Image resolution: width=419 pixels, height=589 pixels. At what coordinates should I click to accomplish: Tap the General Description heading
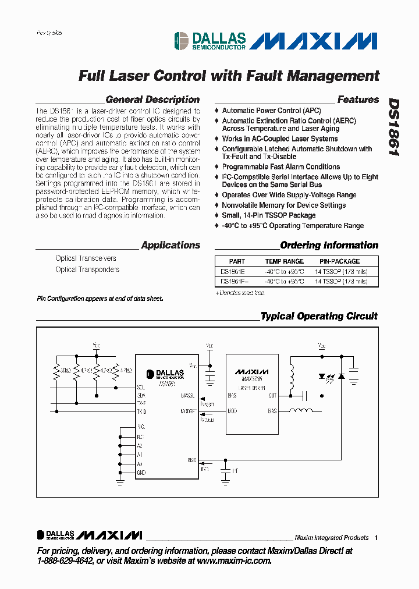pyautogui.click(x=152, y=100)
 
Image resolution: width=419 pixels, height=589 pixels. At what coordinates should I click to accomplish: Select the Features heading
pyautogui.click(x=358, y=100)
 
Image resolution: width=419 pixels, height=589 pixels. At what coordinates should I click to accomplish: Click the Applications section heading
pyautogui.click(x=171, y=245)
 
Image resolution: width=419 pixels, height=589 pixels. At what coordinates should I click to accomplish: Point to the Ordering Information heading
pyautogui.click(x=329, y=245)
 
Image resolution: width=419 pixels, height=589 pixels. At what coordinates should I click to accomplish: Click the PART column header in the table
pyautogui.click(x=237, y=261)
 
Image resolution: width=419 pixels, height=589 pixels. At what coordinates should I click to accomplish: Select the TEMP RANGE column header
pyautogui.click(x=285, y=261)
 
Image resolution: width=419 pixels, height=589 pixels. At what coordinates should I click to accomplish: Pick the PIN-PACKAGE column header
pyautogui.click(x=340, y=261)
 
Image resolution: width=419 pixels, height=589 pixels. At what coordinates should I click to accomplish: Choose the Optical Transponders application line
pyautogui.click(x=87, y=269)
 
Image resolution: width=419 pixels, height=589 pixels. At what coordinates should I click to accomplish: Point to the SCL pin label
pyautogui.click(x=141, y=387)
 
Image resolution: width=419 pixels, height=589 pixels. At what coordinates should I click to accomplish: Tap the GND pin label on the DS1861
pyautogui.click(x=141, y=473)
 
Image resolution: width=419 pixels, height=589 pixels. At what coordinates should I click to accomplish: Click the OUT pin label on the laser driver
pyautogui.click(x=272, y=395)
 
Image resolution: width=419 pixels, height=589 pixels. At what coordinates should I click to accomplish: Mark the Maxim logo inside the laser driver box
pyautogui.click(x=252, y=371)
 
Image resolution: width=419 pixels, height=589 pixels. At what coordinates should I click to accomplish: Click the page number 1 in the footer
pyautogui.click(x=377, y=538)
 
